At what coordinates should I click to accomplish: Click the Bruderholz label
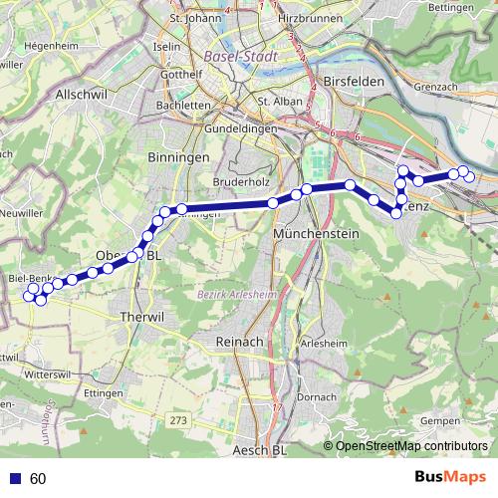(x=243, y=183)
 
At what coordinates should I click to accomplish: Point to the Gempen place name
(x=440, y=422)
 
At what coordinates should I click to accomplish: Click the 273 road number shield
(x=178, y=422)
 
